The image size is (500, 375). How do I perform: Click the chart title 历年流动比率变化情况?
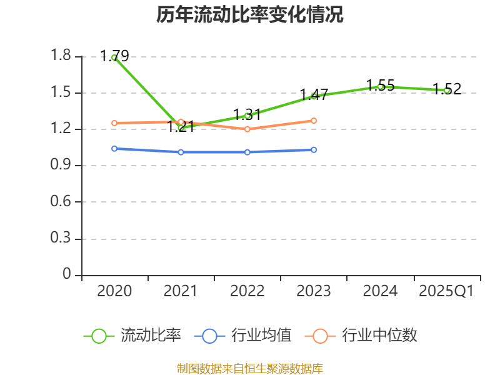pos(250,15)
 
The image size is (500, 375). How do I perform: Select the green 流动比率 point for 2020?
pos(114,57)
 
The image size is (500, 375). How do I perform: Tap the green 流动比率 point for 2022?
pos(247,116)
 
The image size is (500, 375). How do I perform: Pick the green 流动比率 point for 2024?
pos(380,86)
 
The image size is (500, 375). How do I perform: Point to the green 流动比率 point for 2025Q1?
pos(447,90)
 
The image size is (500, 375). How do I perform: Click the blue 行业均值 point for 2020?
pos(114,149)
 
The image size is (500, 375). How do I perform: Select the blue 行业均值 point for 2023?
pos(314,150)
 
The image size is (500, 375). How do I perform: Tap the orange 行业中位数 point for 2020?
pos(114,123)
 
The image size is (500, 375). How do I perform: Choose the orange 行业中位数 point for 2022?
pos(247,129)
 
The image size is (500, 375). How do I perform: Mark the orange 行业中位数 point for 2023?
pos(314,121)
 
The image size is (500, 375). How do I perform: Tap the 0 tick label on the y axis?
pos(67,275)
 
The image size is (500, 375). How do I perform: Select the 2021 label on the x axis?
pos(181,291)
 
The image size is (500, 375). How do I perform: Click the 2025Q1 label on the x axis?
pos(446,291)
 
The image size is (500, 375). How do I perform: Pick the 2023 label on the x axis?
pos(314,291)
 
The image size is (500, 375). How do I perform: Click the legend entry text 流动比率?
pos(151,336)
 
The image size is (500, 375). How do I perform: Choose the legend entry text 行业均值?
pos(261,336)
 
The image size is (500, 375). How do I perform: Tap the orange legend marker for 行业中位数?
pos(320,336)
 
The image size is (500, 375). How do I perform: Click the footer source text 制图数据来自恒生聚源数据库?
pos(250,368)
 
